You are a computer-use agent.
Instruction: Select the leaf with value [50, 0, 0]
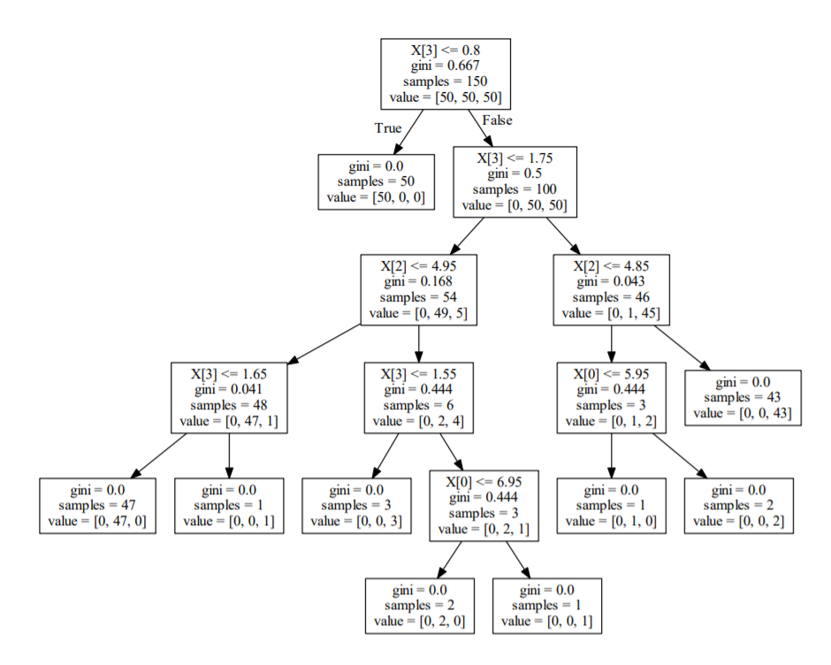pos(376,181)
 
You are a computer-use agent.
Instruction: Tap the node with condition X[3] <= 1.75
pos(515,181)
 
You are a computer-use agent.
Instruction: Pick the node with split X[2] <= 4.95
pos(418,289)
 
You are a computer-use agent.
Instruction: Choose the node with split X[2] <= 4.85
pos(611,289)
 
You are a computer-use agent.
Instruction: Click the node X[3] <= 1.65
pos(229,397)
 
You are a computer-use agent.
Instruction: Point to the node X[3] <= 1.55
pos(418,397)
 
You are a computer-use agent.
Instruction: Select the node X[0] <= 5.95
pos(611,397)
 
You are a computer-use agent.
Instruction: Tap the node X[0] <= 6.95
pos(484,505)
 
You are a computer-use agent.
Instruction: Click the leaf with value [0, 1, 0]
pos(611,506)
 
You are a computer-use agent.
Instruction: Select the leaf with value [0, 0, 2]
pos(738,506)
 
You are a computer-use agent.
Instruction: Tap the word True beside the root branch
pos(388,128)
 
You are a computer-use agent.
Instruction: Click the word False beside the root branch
pos(497,120)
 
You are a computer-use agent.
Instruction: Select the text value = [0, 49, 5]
pos(418,312)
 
